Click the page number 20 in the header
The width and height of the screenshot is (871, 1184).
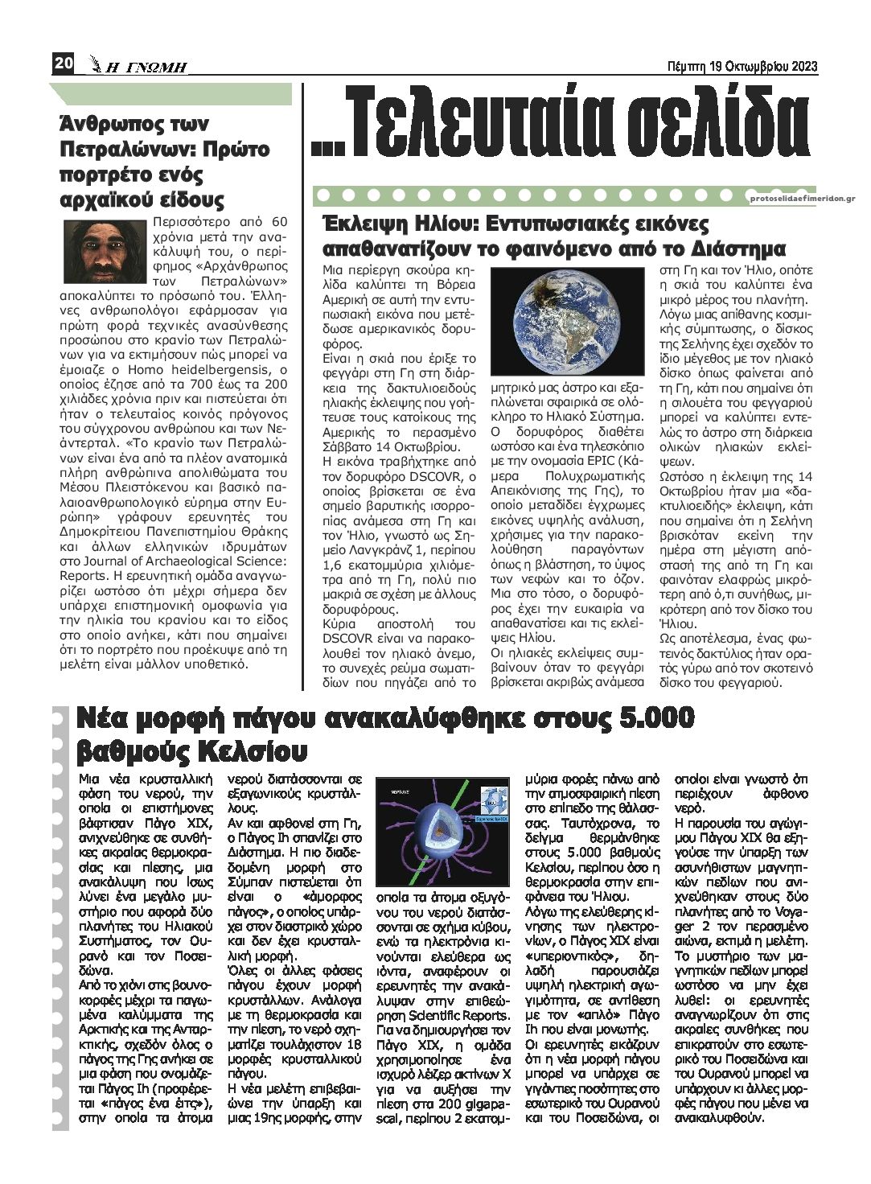tap(64, 64)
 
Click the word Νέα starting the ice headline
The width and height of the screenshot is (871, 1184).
tap(101, 717)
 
